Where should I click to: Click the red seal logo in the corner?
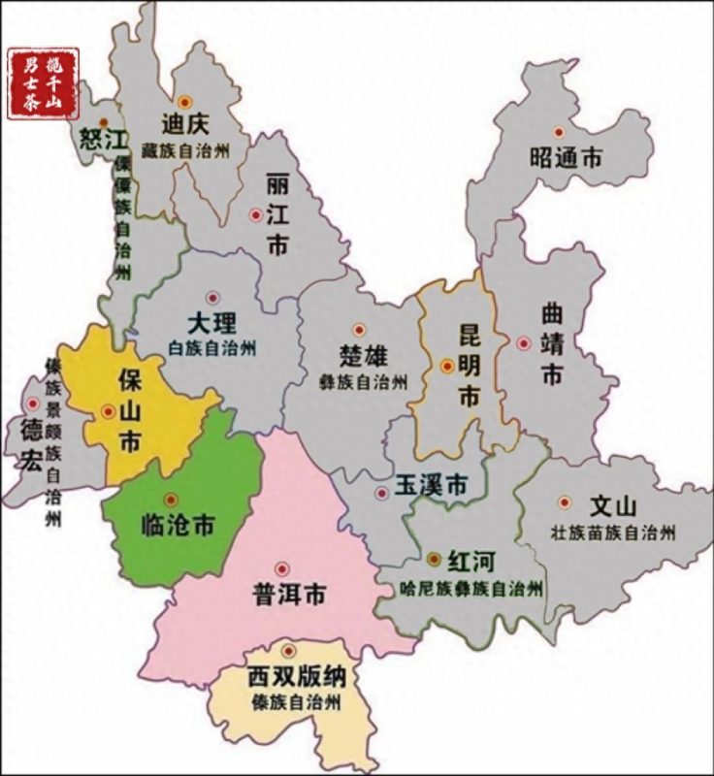(x=43, y=82)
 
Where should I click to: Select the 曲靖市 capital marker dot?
(x=524, y=342)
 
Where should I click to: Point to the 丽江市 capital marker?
(x=256, y=214)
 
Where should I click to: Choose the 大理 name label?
(x=211, y=324)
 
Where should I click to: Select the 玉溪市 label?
(x=431, y=483)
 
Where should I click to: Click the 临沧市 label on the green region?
(x=178, y=527)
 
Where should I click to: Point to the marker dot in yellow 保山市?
(x=108, y=411)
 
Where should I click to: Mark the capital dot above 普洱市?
(x=282, y=568)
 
